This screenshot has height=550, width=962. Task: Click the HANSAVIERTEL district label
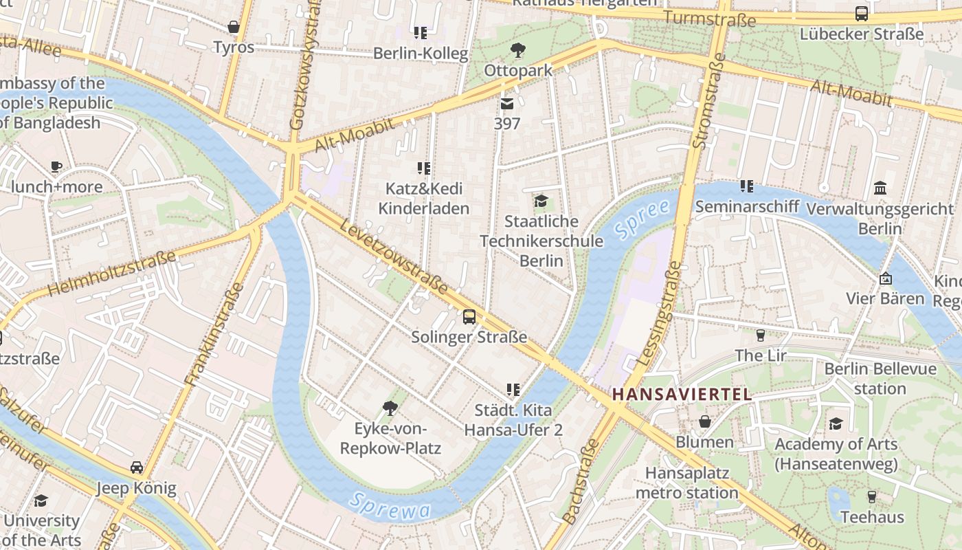(x=682, y=395)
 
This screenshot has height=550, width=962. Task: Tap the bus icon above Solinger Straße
(x=469, y=316)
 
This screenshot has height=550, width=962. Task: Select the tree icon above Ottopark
(x=517, y=49)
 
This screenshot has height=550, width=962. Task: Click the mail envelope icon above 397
(x=507, y=104)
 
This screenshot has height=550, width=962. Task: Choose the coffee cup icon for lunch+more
(x=56, y=166)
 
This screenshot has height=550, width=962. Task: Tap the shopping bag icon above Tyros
(x=234, y=27)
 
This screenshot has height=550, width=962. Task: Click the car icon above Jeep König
(x=137, y=467)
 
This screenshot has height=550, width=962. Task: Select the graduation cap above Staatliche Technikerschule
(x=541, y=201)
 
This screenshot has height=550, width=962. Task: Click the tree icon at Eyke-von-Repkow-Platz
(x=390, y=408)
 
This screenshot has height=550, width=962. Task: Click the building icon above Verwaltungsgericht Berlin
(x=880, y=188)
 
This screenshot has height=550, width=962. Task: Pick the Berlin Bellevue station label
(x=880, y=379)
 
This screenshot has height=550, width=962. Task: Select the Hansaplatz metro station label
(x=686, y=483)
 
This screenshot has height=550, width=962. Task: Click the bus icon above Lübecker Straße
(x=861, y=13)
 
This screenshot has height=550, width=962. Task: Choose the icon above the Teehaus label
(x=871, y=496)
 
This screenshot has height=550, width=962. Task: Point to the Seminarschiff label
(x=747, y=206)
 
